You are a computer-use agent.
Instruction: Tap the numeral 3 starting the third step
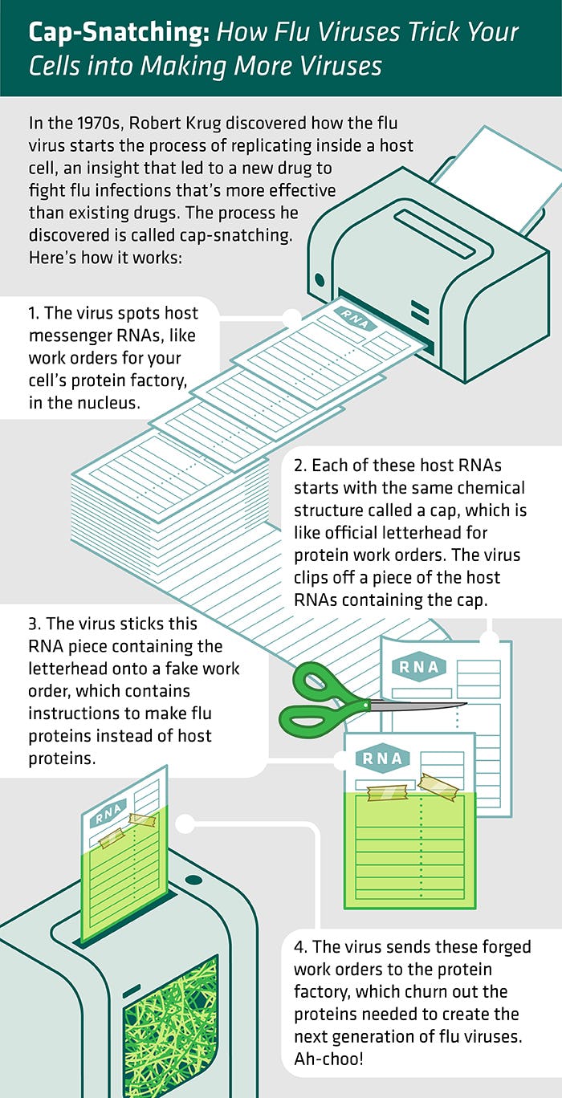[x=33, y=624]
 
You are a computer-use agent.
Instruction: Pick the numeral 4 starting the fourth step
[x=299, y=947]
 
